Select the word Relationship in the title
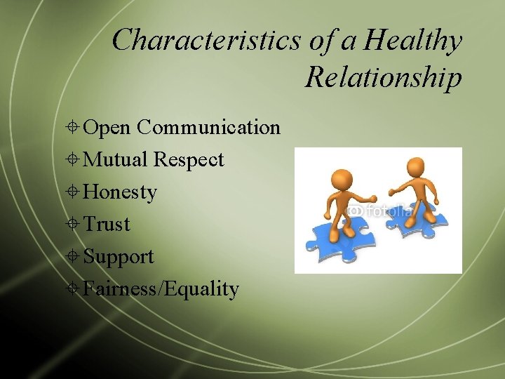(384, 77)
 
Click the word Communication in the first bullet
(209, 127)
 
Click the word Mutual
(115, 159)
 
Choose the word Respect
(189, 160)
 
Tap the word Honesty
(120, 192)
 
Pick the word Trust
(107, 225)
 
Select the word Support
(119, 257)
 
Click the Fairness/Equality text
(161, 288)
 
